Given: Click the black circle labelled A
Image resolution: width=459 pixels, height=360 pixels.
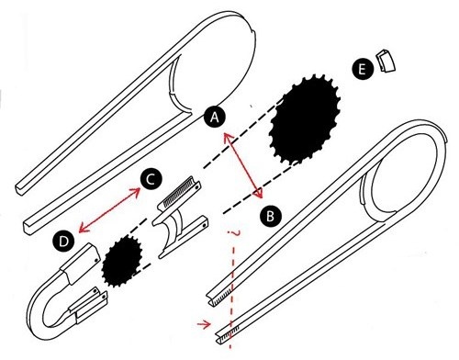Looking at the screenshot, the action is click(x=215, y=117).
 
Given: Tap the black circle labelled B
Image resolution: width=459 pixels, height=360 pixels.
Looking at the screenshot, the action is click(x=271, y=216).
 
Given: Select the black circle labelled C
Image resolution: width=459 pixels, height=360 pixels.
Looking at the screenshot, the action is click(x=151, y=180).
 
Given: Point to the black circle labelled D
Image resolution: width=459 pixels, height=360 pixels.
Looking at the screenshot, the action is click(x=63, y=242).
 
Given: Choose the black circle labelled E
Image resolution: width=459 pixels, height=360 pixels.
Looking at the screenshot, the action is click(x=363, y=69).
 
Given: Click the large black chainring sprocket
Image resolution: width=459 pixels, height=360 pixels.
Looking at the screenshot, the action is click(x=305, y=119).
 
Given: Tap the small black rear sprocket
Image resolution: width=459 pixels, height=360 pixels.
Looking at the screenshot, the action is click(x=122, y=262).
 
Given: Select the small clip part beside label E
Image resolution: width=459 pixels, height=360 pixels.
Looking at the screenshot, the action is click(x=386, y=61).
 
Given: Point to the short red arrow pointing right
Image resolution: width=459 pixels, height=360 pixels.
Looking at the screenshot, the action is click(x=204, y=323).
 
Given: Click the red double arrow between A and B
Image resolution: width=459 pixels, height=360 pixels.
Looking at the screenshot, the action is click(x=243, y=165).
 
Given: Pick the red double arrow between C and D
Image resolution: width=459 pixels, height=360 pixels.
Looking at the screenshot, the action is click(x=109, y=210).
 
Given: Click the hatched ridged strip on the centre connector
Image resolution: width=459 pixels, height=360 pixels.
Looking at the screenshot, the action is click(x=179, y=192).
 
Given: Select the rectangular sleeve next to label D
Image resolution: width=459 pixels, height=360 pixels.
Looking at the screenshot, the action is click(x=80, y=263).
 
